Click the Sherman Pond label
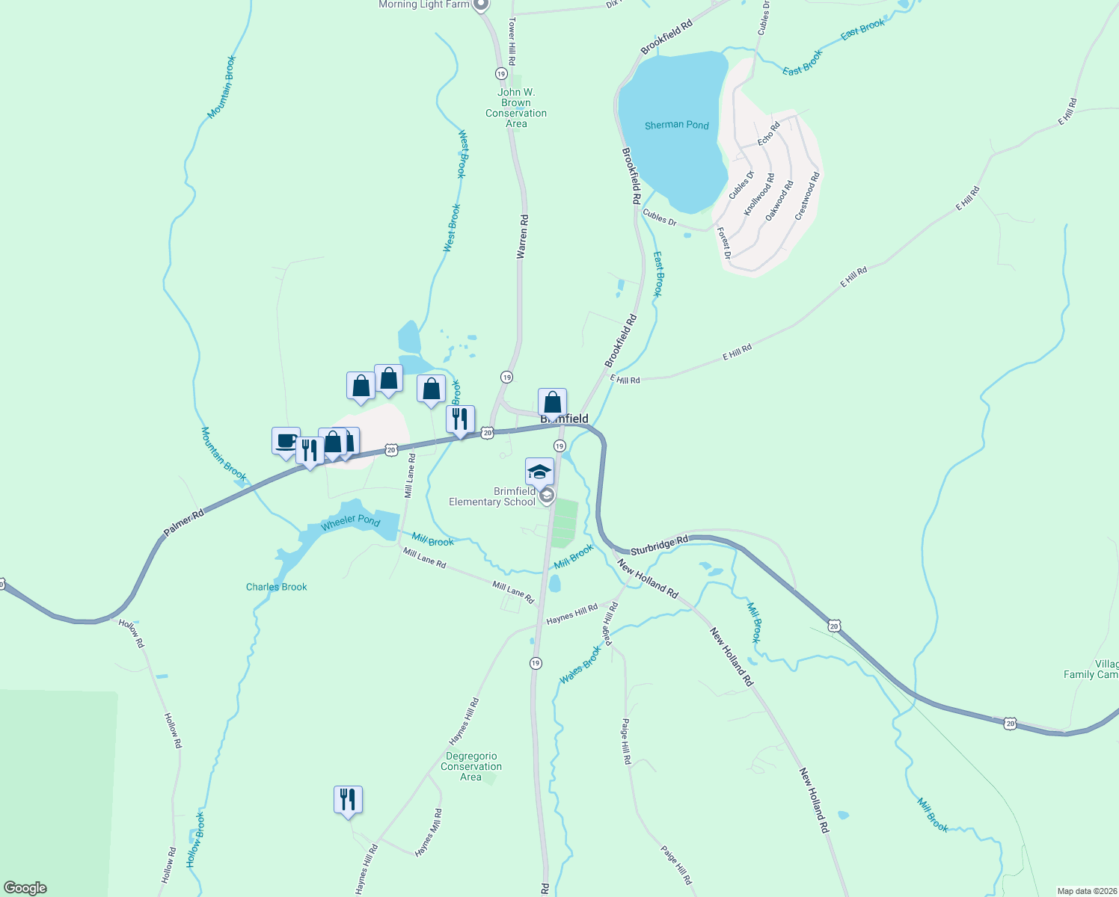676,125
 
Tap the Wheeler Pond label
350,522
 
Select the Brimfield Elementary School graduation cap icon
539,472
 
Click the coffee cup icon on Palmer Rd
286,440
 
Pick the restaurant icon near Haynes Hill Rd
348,799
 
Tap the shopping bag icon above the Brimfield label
552,402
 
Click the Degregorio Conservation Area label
471,766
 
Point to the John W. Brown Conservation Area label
516,108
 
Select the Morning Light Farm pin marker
482,4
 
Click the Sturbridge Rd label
659,545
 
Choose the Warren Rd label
523,237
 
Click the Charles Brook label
277,587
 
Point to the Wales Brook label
580,665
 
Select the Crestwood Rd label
807,196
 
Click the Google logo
25,888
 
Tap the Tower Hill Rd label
512,41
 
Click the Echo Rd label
768,133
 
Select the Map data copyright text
1086,891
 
